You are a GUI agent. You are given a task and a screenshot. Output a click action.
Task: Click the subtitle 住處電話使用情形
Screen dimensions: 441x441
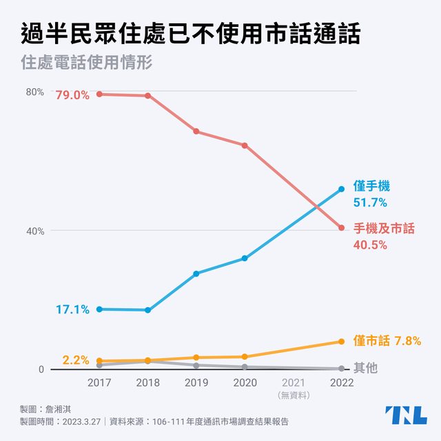86,61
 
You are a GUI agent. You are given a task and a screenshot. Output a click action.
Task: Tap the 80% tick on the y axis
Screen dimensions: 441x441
36,92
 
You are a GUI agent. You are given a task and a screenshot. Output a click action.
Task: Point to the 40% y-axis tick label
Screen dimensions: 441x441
36,231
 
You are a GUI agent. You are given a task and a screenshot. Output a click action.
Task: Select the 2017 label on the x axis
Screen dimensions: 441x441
100,382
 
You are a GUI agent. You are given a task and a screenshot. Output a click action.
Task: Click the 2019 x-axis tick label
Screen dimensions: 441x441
196,382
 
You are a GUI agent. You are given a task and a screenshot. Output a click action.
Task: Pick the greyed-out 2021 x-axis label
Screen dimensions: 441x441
293,382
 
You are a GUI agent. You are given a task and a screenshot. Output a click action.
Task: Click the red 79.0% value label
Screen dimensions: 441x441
72,95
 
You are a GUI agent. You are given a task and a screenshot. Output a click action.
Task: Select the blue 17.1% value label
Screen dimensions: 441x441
72,310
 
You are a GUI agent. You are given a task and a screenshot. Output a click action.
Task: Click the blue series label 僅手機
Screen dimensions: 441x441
372,187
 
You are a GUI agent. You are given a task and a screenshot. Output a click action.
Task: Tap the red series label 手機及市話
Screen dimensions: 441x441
384,228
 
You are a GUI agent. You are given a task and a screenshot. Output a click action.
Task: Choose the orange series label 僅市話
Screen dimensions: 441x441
372,340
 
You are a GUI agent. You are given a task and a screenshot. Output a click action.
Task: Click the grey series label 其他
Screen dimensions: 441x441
366,368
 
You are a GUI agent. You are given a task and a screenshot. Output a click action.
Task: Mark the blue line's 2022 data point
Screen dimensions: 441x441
341,189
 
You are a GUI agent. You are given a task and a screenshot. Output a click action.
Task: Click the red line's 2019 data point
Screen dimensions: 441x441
196,131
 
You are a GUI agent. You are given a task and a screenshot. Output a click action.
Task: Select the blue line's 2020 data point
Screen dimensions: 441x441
245,258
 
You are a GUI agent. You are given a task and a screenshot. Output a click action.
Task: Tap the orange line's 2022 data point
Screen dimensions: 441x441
341,342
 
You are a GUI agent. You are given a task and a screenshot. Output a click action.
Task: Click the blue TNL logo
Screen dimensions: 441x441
405,415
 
